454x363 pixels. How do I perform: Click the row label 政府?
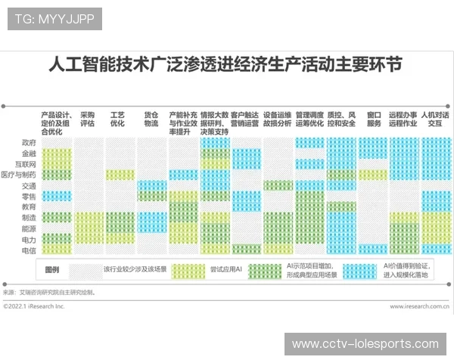point(29,142)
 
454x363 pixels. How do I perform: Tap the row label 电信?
point(29,250)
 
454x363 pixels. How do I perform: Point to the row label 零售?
point(29,196)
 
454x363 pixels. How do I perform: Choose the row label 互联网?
point(26,163)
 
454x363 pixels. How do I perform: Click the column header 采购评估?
point(87,119)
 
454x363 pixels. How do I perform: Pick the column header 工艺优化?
point(117,119)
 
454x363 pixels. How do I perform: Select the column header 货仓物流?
point(151,119)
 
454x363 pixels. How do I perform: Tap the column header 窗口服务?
point(374,119)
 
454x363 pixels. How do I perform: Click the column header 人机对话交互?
point(435,119)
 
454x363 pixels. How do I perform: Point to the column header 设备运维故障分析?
point(277,119)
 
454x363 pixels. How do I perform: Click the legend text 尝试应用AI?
point(226,269)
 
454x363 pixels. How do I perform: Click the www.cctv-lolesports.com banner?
point(365,344)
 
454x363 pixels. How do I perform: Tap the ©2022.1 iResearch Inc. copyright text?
point(35,306)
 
